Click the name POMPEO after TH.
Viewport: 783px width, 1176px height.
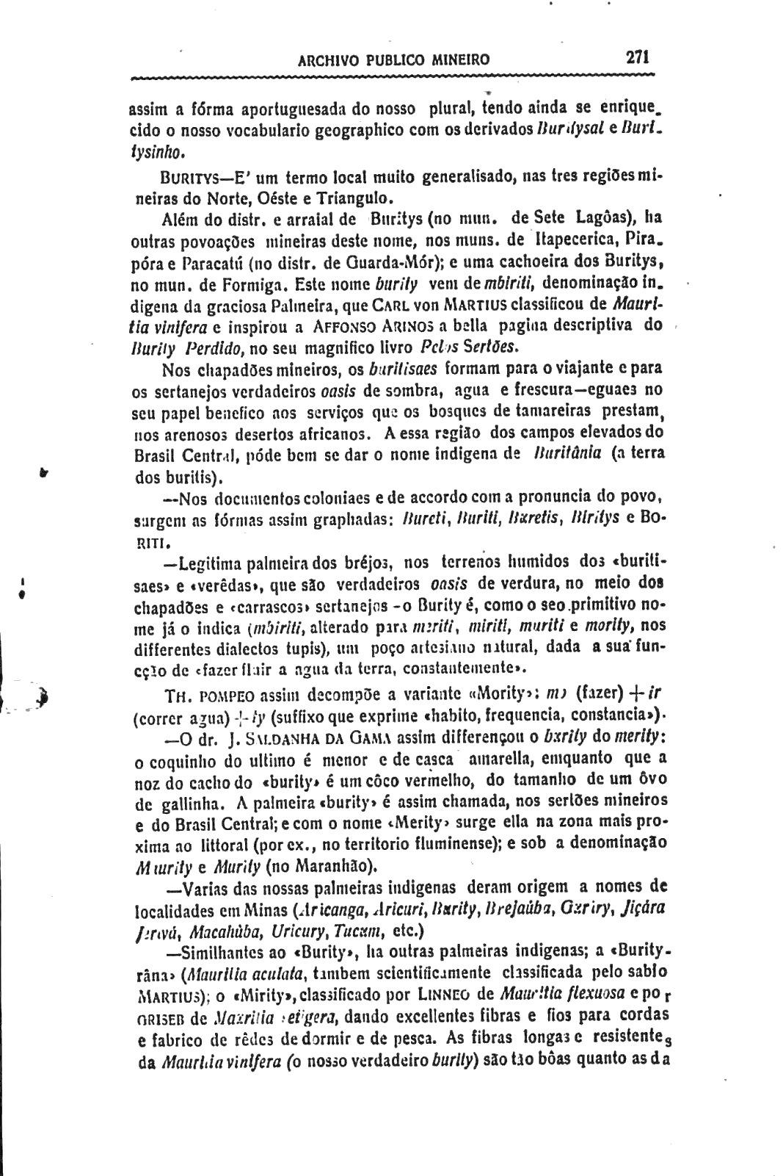click(221, 695)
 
